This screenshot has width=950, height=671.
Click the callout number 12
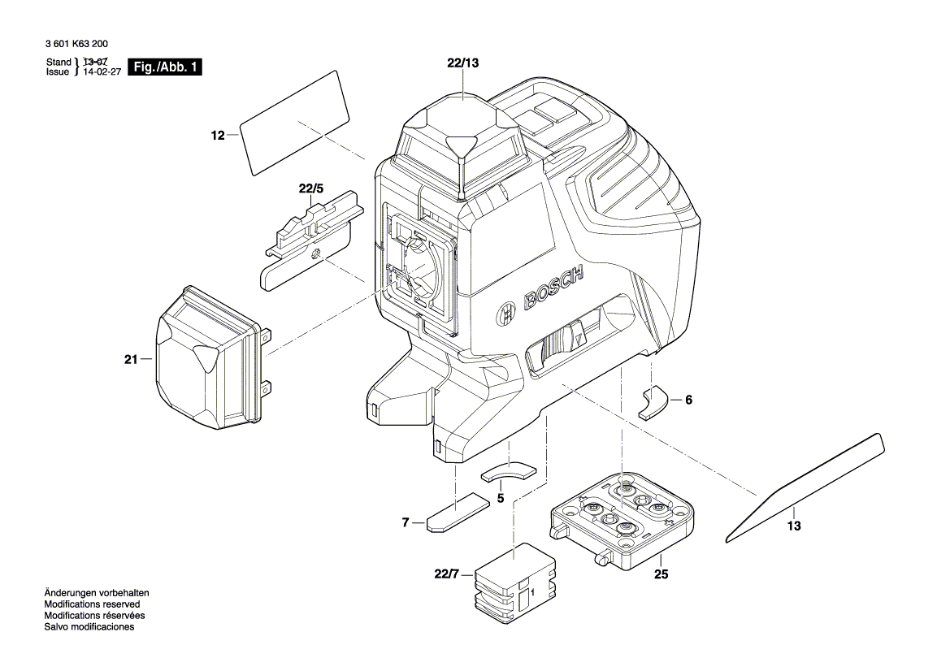point(217,136)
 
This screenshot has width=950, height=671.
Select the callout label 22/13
point(463,63)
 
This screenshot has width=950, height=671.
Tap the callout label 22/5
point(310,188)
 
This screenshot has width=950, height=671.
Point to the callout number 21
point(132,358)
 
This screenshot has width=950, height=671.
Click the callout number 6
point(689,400)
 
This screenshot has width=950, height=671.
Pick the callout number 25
point(661,574)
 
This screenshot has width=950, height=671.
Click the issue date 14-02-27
point(102,72)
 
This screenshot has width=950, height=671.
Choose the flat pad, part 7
point(458,513)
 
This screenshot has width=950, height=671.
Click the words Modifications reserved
point(92,604)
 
